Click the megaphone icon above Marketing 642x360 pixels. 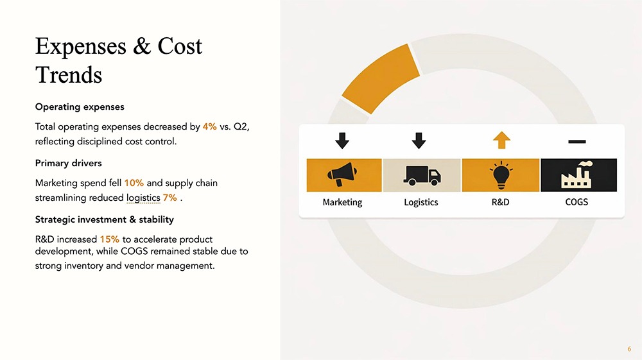pos(342,175)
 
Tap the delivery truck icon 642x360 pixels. pos(422,175)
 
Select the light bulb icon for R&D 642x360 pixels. pos(501,175)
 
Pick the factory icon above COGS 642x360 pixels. pos(577,175)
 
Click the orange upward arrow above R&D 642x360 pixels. pos(501,140)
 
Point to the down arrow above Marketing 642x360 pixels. pos(342,141)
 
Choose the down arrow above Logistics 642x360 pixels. pos(419,141)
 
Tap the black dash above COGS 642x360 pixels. pos(577,142)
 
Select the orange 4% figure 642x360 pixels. pos(210,126)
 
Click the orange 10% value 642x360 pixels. pos(134,183)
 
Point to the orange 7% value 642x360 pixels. pos(170,198)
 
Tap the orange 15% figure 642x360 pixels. pos(109,239)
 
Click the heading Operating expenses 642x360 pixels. pos(80,107)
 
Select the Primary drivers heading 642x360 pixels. pos(69,163)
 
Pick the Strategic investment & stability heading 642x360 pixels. pos(105,219)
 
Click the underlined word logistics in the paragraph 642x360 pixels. pos(143,198)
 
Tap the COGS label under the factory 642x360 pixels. pos(577,202)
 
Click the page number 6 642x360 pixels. pos(629,349)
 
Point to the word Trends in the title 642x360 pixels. pos(69,75)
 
